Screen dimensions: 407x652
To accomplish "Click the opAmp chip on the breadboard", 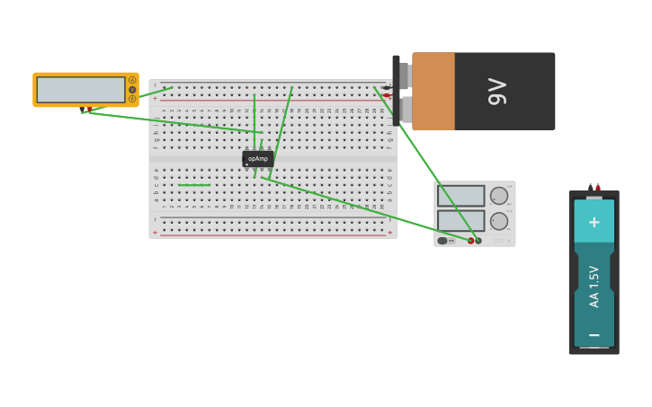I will click(258, 158).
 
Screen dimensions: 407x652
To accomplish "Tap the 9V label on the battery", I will click(497, 91).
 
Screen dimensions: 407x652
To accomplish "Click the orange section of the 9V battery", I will click(433, 91).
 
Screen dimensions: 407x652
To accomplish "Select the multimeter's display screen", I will click(81, 90).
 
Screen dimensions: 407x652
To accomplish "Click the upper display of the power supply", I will click(460, 196).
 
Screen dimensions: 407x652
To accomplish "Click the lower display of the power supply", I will click(460, 220).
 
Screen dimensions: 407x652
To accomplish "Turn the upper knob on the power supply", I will click(499, 196).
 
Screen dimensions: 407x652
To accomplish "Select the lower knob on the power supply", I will click(499, 221).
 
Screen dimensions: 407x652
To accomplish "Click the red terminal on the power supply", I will click(470, 241).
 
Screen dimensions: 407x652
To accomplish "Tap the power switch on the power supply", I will click(443, 241).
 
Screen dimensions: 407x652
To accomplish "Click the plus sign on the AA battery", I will click(594, 221).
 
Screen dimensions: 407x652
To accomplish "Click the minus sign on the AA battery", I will click(594, 334).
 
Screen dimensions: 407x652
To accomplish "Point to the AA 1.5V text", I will click(594, 287).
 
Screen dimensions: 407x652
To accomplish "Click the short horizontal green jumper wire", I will click(193, 185).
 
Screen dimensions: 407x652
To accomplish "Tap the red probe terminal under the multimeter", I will click(89, 110).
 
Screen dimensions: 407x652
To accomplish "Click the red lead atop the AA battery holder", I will click(598, 188).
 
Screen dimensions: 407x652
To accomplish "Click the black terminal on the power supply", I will click(478, 241).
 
